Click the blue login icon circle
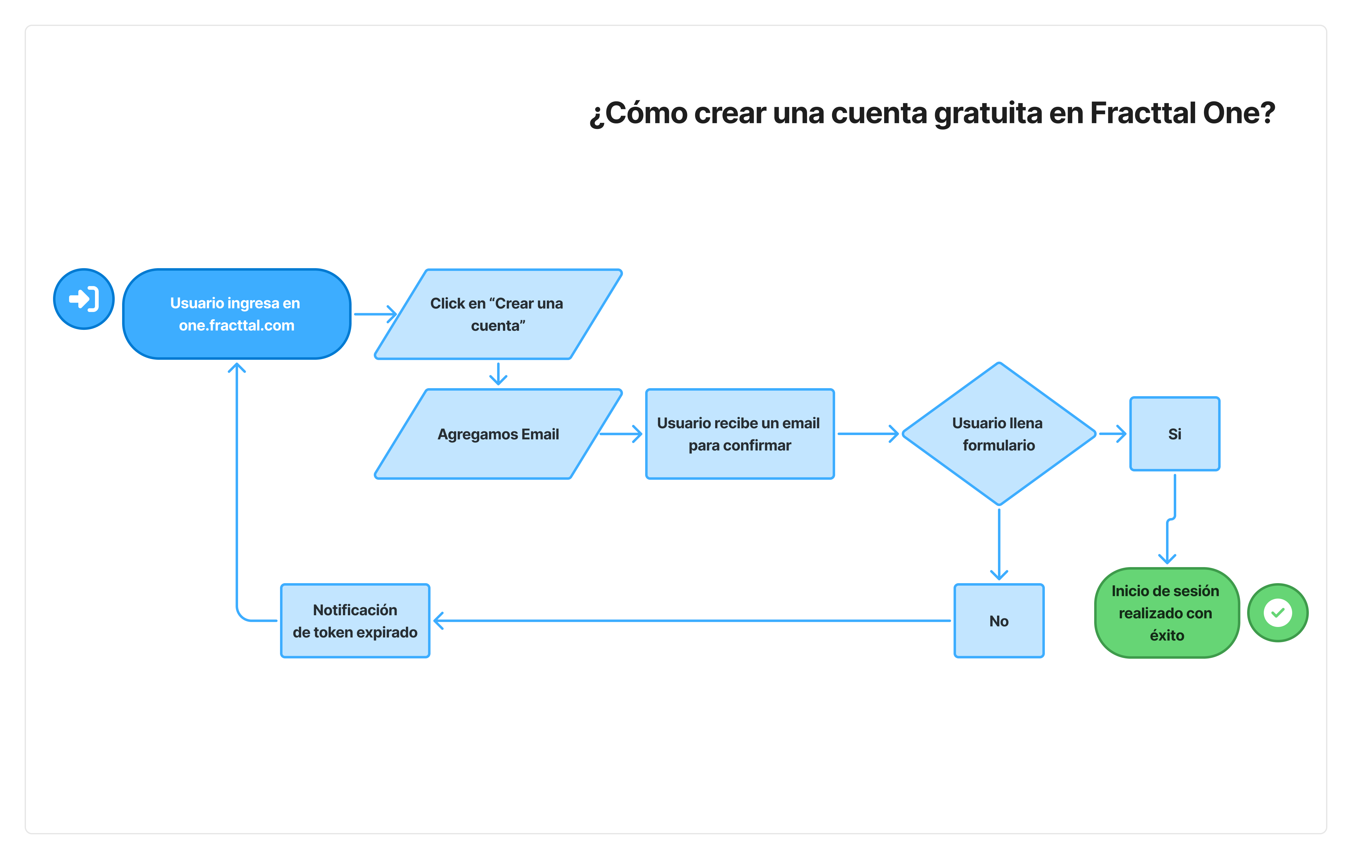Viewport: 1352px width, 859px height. pyautogui.click(x=84, y=299)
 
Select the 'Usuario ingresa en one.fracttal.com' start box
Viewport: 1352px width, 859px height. pyautogui.click(x=236, y=314)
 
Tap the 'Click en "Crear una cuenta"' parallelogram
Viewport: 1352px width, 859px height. pyautogui.click(x=497, y=314)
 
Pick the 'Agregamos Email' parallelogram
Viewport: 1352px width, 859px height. pyautogui.click(x=497, y=434)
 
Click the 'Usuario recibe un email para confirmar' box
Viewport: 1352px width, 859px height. pyautogui.click(x=740, y=434)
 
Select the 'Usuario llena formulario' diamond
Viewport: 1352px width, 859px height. pyautogui.click(x=998, y=434)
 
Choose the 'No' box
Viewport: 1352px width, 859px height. pyautogui.click(x=998, y=621)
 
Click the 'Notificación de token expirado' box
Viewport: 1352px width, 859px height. pyautogui.click(x=355, y=621)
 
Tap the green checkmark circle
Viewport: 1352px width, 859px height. pyautogui.click(x=1277, y=612)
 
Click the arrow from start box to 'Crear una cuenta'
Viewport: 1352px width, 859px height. pyautogui.click(x=375, y=314)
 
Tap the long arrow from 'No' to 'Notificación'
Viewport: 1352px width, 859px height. pyautogui.click(x=690, y=621)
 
